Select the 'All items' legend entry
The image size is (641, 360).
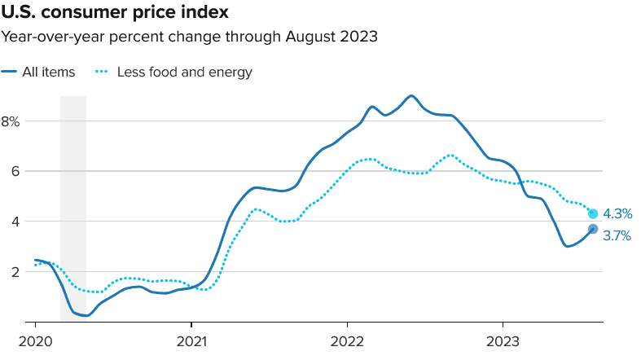pos(49,72)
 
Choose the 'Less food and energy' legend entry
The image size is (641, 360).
pos(184,72)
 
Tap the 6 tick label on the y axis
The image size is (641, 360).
pos(15,171)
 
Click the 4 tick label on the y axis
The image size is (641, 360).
pos(15,222)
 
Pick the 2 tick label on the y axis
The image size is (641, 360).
pos(15,271)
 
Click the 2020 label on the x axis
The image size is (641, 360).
pos(36,341)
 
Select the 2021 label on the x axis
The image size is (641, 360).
pos(191,341)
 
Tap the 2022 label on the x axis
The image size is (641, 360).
pos(347,341)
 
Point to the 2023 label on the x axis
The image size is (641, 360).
pos(503,341)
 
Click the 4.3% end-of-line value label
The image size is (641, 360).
pos(617,214)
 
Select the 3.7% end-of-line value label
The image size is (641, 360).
pos(617,236)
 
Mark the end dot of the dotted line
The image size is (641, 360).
pos(593,214)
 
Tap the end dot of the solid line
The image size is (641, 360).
pos(593,229)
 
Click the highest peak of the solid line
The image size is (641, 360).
pos(411,96)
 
